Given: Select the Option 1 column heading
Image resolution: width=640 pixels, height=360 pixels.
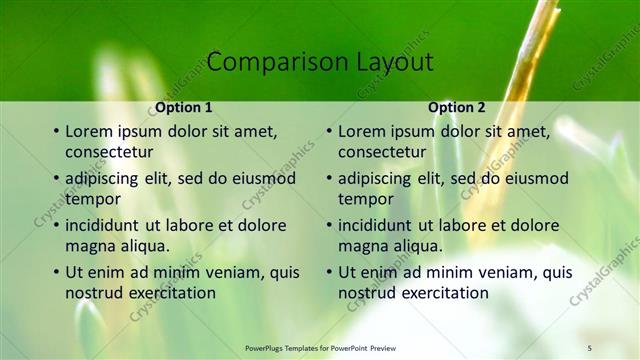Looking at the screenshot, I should pos(184,107).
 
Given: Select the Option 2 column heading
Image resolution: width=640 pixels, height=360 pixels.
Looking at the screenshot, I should pos(457,107).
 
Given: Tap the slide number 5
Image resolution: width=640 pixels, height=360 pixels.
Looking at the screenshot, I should pos(590,346).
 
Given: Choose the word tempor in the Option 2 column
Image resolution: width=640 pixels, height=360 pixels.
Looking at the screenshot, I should pos(365,199).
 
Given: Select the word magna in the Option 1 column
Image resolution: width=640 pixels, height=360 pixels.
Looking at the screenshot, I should pos(90,246).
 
